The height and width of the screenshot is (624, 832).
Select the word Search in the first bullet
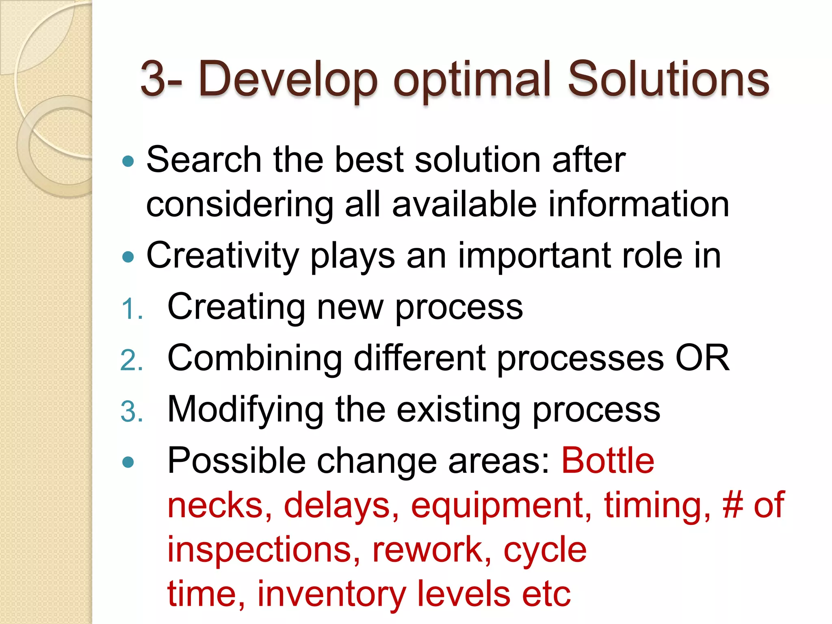pos(204,160)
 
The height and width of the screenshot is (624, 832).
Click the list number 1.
pos(131,309)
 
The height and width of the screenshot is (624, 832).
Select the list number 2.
pos(131,360)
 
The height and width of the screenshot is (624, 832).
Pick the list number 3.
pos(131,412)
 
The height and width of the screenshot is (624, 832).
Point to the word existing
pos(458,409)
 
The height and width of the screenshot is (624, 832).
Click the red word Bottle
pos(608,461)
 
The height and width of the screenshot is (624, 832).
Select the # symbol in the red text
pos(733,505)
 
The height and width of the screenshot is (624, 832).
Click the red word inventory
pos(331,594)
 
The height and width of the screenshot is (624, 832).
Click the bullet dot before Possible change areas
pos(128,462)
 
